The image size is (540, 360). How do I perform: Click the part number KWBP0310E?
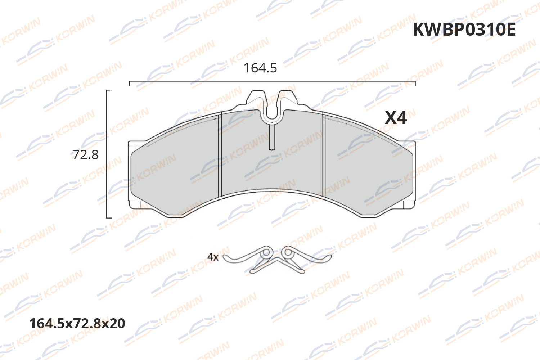click(x=464, y=30)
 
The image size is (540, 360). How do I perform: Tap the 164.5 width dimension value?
click(x=260, y=68)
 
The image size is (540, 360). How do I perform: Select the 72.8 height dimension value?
click(x=86, y=155)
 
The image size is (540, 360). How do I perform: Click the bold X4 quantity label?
click(x=396, y=118)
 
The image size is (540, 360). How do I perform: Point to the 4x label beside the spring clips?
click(x=213, y=257)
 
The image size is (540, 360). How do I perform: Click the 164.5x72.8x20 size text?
click(x=77, y=323)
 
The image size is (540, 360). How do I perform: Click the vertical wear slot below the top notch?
click(x=273, y=137)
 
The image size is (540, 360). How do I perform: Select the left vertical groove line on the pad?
click(x=219, y=155)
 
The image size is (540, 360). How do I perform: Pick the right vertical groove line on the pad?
click(x=324, y=155)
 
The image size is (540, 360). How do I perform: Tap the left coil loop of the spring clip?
click(x=266, y=253)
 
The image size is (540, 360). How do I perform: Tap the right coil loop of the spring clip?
click(x=288, y=253)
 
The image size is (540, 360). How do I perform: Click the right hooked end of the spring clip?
click(x=328, y=258)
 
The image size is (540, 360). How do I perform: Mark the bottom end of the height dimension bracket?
click(x=107, y=217)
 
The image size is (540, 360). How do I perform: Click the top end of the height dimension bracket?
click(x=107, y=90)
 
